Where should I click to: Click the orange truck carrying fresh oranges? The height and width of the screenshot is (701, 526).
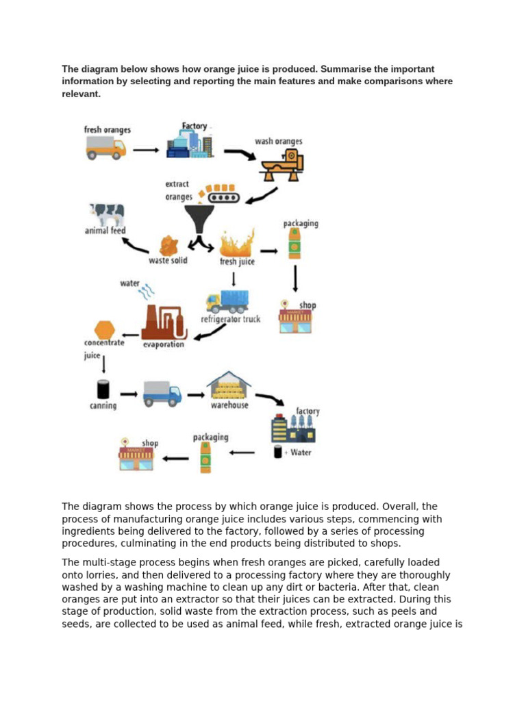tap(106, 147)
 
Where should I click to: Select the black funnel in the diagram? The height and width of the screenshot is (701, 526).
tap(199, 221)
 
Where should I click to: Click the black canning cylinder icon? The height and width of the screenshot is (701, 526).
tap(103, 390)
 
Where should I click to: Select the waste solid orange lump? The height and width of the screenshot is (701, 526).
tap(169, 245)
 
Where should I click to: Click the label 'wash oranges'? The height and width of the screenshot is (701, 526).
tap(278, 142)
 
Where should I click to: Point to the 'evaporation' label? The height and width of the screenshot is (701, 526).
tap(163, 344)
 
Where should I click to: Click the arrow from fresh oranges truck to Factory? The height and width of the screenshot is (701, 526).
tap(146, 150)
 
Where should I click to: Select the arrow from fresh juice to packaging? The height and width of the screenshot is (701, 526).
tap(268, 251)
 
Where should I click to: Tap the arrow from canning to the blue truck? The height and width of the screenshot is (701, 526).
tap(128, 394)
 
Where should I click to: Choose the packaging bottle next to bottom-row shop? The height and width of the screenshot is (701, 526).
tap(205, 457)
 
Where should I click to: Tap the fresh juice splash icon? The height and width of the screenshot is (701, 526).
tap(236, 243)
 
